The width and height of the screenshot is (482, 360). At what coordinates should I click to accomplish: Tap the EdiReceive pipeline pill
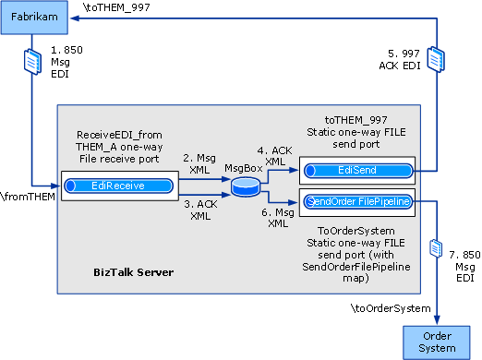[x=117, y=186]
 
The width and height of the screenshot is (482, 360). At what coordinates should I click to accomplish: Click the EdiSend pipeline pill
[x=355, y=170]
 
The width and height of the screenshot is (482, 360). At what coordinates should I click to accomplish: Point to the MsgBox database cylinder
[x=246, y=187]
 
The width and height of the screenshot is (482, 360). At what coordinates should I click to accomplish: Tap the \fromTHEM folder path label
[x=29, y=197]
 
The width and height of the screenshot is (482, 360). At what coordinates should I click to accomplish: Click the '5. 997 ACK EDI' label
[x=404, y=58]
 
